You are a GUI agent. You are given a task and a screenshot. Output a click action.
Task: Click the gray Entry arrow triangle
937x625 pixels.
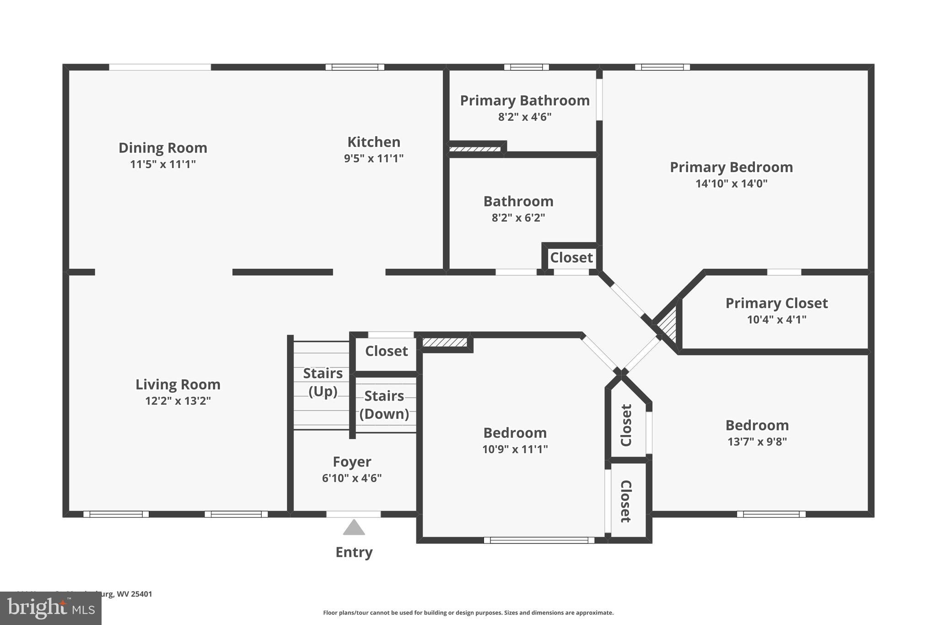[x=354, y=528]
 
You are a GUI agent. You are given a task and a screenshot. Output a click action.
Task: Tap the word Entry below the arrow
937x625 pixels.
[x=354, y=552]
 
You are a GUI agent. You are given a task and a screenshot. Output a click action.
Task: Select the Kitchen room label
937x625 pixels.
[x=374, y=142]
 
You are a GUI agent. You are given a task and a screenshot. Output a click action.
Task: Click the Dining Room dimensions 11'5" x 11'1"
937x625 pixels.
[x=163, y=164]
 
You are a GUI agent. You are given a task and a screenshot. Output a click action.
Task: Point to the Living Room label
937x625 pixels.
[x=178, y=385]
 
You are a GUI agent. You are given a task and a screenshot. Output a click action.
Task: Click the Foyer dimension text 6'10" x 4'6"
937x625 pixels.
[x=351, y=478]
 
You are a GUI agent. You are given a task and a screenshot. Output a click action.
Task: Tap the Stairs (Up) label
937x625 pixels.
[x=323, y=382]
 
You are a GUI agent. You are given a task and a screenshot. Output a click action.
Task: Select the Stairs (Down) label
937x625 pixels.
[x=384, y=405]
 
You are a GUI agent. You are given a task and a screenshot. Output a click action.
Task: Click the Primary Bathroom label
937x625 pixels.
[x=524, y=101]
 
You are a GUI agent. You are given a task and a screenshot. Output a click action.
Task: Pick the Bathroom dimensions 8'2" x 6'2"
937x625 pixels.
[x=518, y=217]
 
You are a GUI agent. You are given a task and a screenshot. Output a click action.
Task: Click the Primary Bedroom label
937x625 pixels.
[x=731, y=167]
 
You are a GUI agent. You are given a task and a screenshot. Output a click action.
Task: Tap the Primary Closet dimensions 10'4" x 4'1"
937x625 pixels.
[x=776, y=319]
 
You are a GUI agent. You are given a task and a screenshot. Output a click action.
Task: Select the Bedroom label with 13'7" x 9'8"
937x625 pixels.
[x=757, y=425]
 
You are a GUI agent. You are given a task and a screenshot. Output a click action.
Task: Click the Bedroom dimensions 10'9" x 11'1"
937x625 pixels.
[x=515, y=449]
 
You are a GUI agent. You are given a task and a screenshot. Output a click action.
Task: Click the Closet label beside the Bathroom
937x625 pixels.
[x=571, y=258]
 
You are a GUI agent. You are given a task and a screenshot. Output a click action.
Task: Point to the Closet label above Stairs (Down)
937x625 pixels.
[x=386, y=351]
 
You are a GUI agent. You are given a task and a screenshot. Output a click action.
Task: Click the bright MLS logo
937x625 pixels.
[x=50, y=609]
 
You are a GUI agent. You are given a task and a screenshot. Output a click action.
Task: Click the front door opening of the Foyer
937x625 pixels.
[x=353, y=514]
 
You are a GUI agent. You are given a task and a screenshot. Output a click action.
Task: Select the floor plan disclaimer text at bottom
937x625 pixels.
[x=468, y=613]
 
